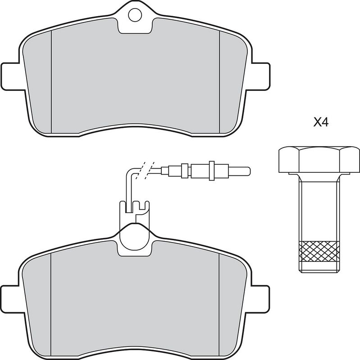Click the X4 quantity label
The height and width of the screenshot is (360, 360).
321,122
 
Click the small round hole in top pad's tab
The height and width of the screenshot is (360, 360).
135,15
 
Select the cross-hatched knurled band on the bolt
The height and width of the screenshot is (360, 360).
319,252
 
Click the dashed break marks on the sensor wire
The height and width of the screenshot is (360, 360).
145,170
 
